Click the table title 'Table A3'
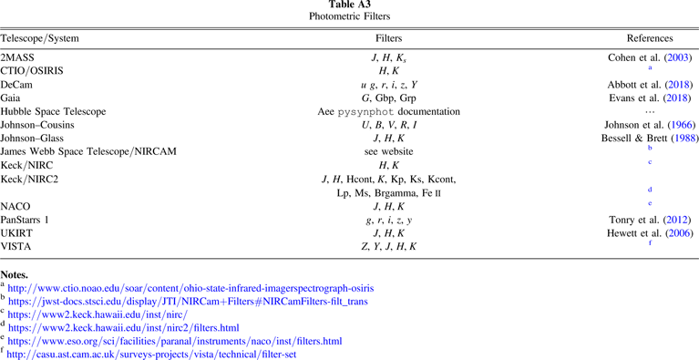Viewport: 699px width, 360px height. [349, 5]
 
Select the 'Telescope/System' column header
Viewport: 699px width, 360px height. [40, 40]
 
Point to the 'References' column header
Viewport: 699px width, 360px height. [650, 40]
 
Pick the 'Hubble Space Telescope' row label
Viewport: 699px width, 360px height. [57, 111]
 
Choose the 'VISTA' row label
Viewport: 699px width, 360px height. [16, 247]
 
